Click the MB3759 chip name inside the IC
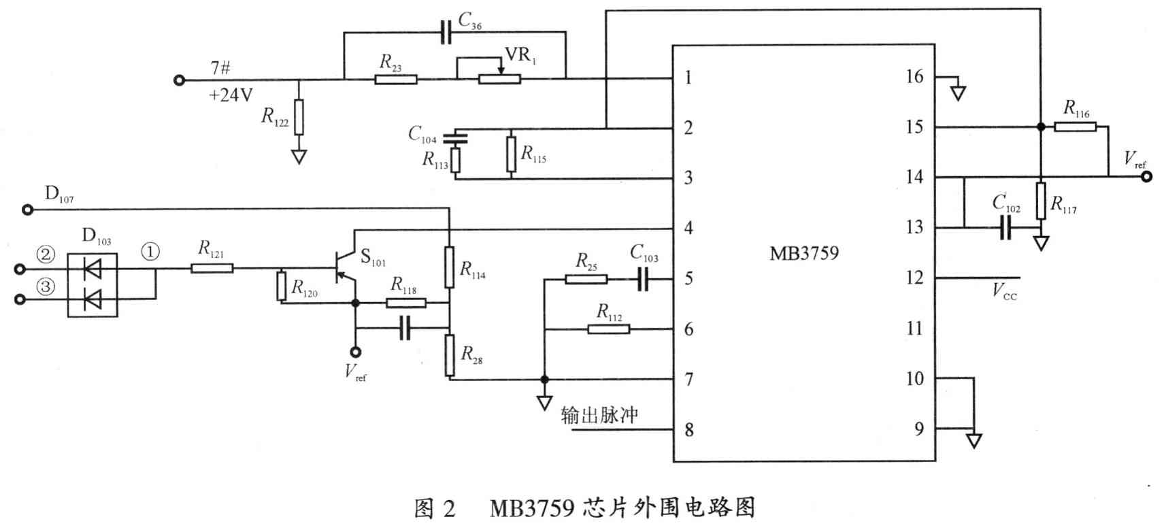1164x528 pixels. tap(803, 254)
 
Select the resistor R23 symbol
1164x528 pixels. tap(395, 79)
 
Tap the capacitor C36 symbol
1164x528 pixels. tap(446, 32)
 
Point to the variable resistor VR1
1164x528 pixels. tap(499, 79)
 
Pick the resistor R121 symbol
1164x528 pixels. tap(212, 268)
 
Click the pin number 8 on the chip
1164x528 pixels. tap(689, 430)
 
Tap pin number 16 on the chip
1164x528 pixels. tap(914, 76)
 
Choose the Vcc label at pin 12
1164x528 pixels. tap(1003, 292)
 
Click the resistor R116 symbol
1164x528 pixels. tap(1075, 127)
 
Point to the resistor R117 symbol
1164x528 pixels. tap(1040, 201)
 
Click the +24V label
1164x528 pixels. tap(231, 95)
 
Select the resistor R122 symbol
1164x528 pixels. tap(299, 117)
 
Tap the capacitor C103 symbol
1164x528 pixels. tap(643, 278)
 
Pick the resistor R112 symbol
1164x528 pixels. tap(608, 329)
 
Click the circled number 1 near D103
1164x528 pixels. tap(150, 252)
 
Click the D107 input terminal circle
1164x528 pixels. tap(28, 210)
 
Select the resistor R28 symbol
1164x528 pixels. tap(450, 354)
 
